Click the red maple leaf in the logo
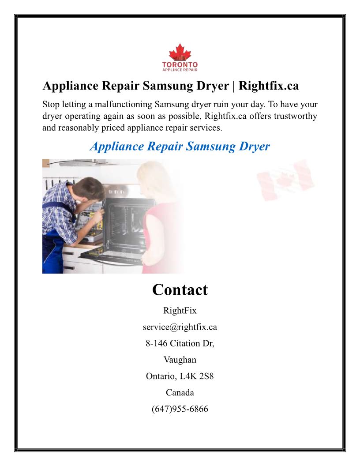coord(180,53)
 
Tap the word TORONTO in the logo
coord(180,64)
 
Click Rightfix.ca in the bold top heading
coord(269,86)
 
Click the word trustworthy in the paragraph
coord(291,116)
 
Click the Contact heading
coord(180,290)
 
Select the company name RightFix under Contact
coord(180,311)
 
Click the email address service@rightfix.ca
coord(180,327)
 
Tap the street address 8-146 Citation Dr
coord(180,343)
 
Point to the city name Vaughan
coord(180,360)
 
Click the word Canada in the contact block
coord(180,392)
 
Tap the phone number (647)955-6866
coord(180,409)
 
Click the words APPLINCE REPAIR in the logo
coord(180,69)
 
